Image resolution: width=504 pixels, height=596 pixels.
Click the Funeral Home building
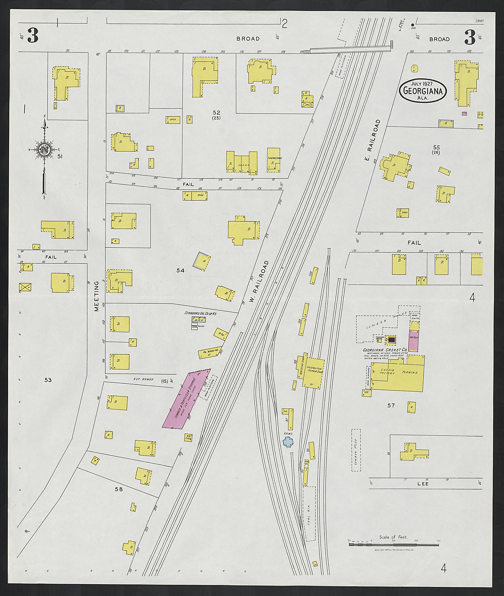(273, 160)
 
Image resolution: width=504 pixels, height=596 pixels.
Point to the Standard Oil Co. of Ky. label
(201, 313)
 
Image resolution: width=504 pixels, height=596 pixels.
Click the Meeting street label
(96, 296)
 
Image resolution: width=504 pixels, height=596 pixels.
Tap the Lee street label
(423, 484)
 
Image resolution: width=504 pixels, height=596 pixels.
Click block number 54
(180, 270)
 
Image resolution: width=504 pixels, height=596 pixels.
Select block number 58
(119, 489)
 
